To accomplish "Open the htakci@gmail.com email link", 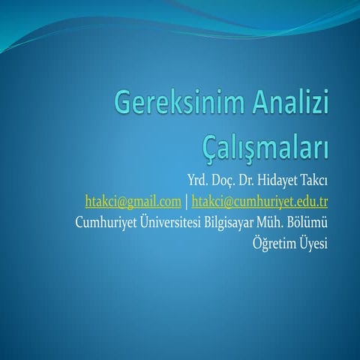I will click(x=133, y=201).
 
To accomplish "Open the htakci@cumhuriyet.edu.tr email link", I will click(x=260, y=201).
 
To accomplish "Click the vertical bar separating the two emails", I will click(x=187, y=201).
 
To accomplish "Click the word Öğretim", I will click(x=277, y=244).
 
